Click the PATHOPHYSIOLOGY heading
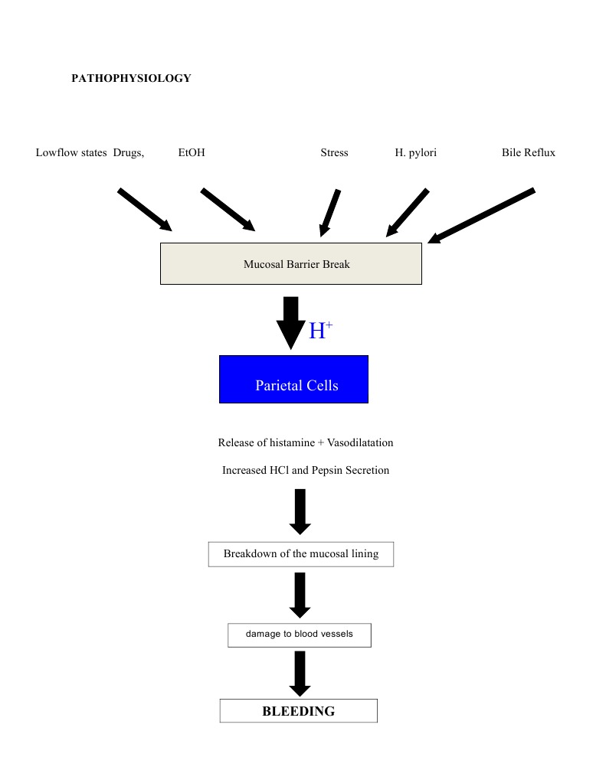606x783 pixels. [131, 78]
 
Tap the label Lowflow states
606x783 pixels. [71, 152]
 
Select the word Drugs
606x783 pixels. [128, 152]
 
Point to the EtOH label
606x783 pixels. [192, 152]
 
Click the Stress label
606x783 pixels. [334, 152]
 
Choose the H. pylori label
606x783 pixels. [416, 152]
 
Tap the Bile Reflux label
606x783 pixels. [529, 152]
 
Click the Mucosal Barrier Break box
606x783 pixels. [290, 264]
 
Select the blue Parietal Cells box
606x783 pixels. [293, 379]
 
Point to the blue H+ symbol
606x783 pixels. [320, 331]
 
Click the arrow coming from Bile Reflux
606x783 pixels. [481, 215]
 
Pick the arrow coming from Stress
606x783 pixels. [330, 211]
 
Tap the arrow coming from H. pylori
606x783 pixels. [408, 212]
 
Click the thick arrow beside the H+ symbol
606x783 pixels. [290, 322]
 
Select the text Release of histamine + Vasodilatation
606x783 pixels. [306, 442]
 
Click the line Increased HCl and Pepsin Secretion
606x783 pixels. [306, 470]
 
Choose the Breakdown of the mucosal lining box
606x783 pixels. [300, 553]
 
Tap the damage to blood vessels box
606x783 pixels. [300, 635]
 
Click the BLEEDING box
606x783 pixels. [299, 711]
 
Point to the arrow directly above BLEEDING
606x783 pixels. [300, 673]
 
